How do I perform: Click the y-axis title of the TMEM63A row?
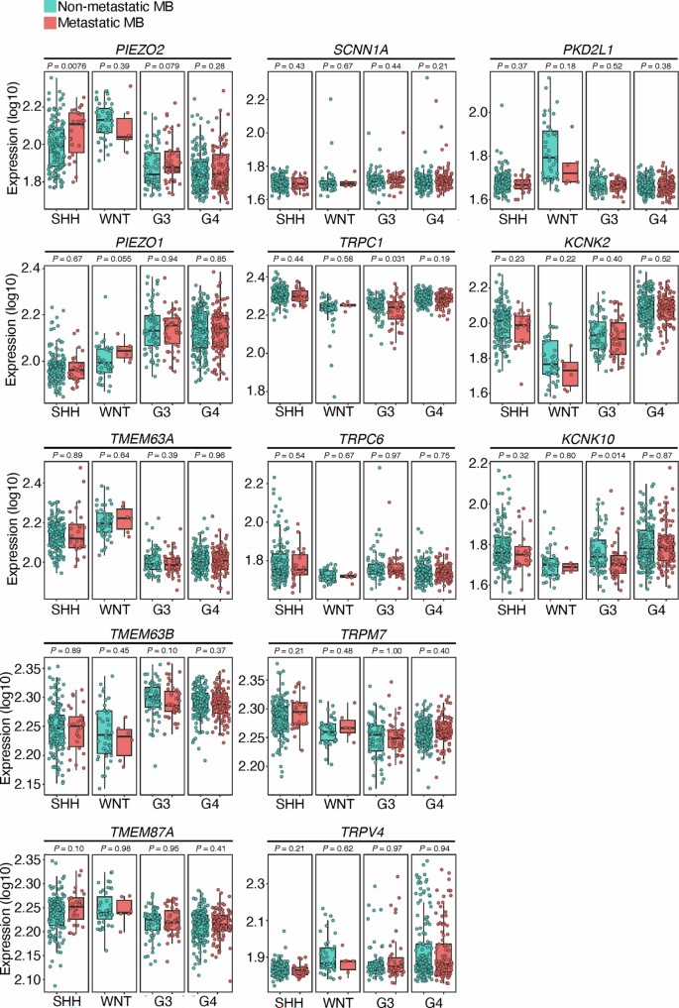pyautogui.click(x=9, y=525)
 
